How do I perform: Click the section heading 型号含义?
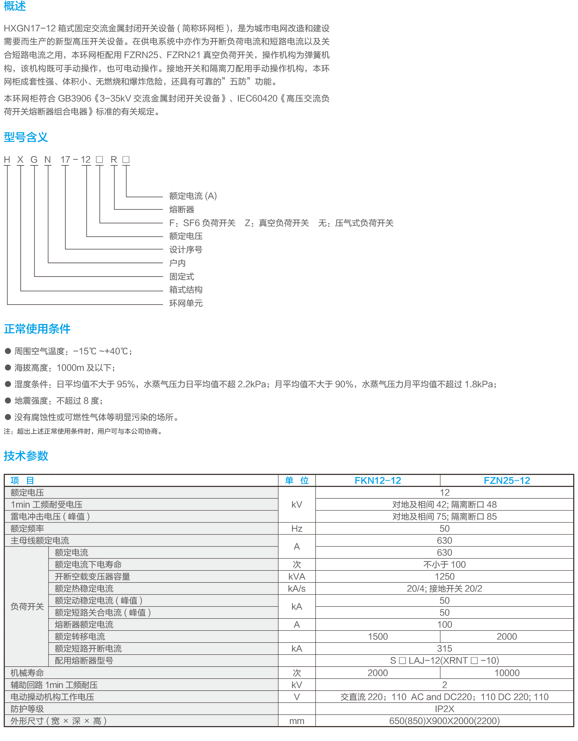[26, 137]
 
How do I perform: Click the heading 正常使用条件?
[37, 329]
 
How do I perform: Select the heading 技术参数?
[26, 456]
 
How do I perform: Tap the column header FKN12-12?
[378, 480]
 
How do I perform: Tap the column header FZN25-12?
[507, 480]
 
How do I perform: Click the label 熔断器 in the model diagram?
[182, 209]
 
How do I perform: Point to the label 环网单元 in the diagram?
[186, 303]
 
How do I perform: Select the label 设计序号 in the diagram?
[186, 249]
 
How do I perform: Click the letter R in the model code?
[114, 160]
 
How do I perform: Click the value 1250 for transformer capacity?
[444, 576]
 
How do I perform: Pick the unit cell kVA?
[297, 576]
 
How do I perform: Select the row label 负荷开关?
[27, 606]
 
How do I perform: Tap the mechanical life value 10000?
[507, 673]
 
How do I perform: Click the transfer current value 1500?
[378, 636]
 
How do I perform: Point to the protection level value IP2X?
[444, 709]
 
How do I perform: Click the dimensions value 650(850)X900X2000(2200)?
[444, 721]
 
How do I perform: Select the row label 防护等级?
[27, 709]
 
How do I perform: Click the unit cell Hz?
[297, 528]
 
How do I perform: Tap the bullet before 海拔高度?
[8, 367]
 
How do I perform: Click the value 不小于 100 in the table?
[444, 564]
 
